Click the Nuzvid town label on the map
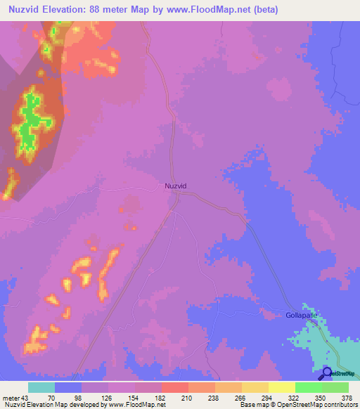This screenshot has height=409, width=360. [175, 186]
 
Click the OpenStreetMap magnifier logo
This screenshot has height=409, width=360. [328, 373]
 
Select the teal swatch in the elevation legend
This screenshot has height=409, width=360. [41, 387]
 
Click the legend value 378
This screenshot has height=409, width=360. [347, 397]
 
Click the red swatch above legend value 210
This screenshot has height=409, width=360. [175, 387]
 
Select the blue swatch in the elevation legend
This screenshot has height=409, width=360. [68, 387]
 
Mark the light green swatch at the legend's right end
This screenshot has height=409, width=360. [335, 387]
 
